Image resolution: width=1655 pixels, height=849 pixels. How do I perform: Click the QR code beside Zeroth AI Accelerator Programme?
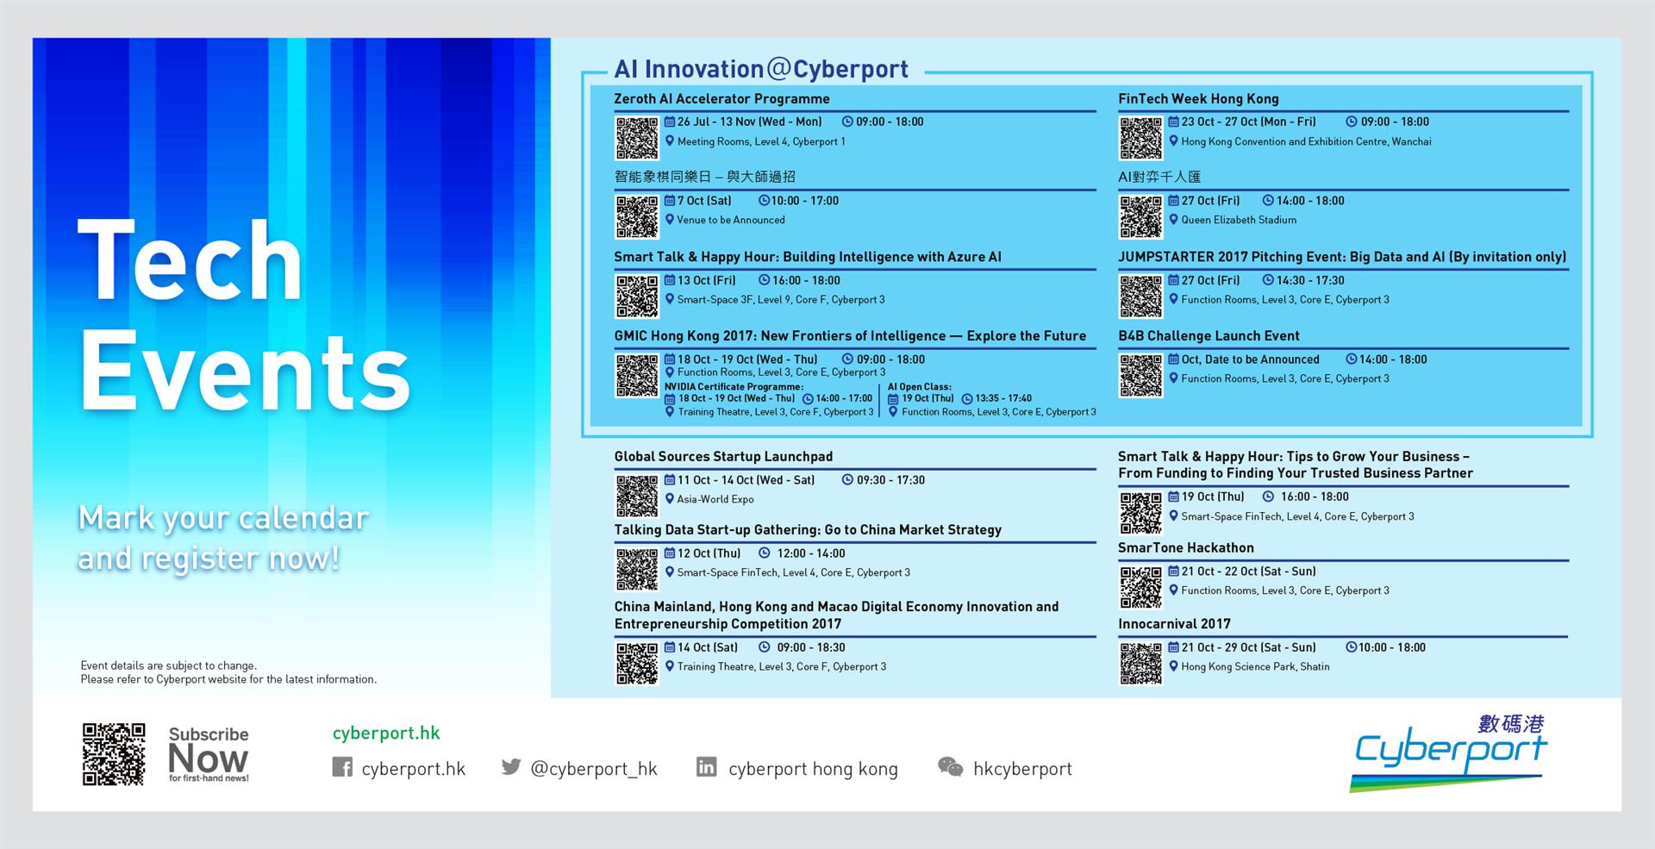(x=637, y=138)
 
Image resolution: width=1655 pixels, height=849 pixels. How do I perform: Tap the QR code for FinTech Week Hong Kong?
(x=1140, y=138)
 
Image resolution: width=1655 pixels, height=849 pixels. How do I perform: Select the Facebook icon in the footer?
(x=342, y=767)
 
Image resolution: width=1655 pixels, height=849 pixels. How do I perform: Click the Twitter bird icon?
(x=511, y=766)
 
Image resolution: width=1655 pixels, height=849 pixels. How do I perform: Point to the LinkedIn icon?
(x=706, y=766)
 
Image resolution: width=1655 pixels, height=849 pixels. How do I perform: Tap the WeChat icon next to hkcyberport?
(x=950, y=767)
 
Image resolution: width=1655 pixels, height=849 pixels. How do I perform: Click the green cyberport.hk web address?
(x=386, y=733)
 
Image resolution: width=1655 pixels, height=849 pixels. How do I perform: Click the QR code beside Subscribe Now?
(x=114, y=754)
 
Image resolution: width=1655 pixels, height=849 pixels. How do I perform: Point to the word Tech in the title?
(x=190, y=259)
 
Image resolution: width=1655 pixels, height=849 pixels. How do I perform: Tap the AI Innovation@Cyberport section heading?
(x=761, y=69)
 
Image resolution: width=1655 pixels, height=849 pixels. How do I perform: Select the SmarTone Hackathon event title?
(x=1186, y=547)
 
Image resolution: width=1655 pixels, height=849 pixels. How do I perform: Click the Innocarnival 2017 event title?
(x=1174, y=623)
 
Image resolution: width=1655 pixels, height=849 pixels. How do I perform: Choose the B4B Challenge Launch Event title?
(x=1208, y=335)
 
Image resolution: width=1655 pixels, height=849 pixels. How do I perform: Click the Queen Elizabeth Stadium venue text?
(x=1239, y=220)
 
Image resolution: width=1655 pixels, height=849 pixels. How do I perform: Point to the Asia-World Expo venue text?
(x=715, y=499)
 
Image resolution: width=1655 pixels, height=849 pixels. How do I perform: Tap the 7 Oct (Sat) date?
(x=704, y=201)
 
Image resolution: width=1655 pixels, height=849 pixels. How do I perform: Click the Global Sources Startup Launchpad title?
(x=723, y=456)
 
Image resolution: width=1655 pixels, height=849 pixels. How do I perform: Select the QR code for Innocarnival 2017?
(x=1140, y=664)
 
